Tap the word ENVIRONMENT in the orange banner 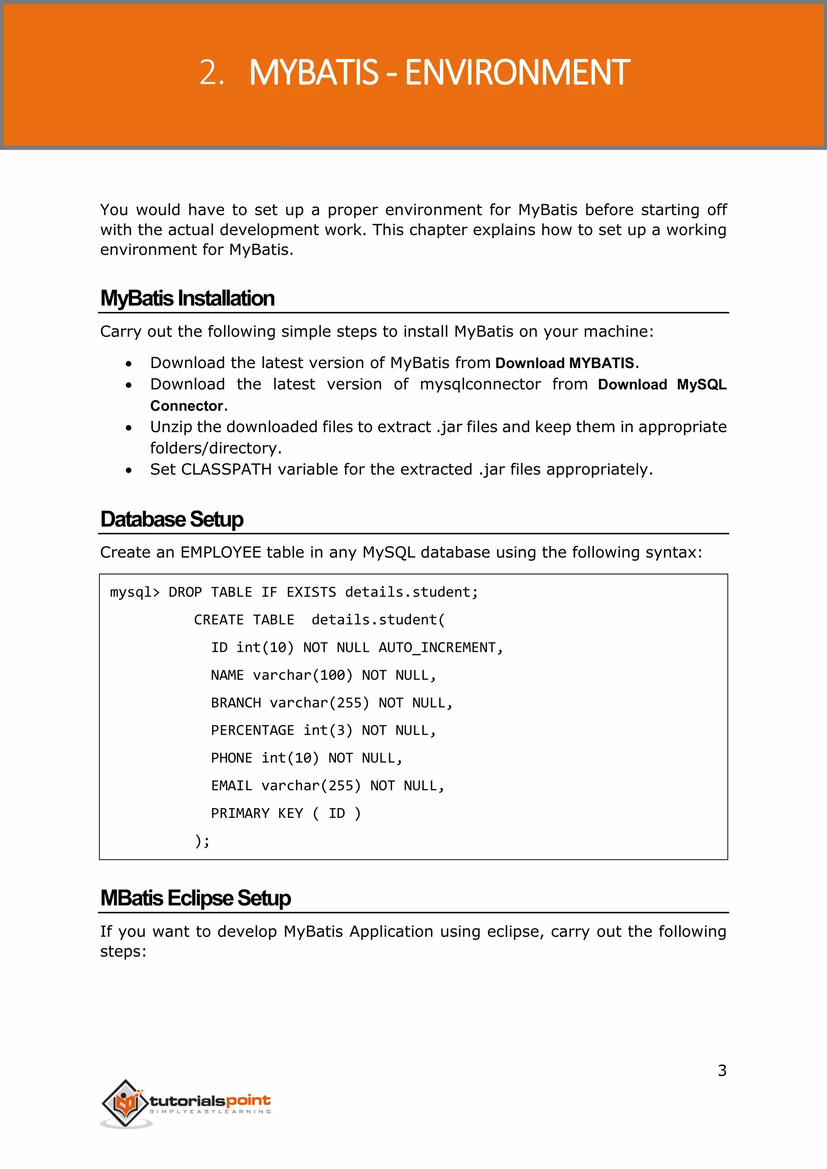(517, 73)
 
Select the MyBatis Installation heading (187, 298)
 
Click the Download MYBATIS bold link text (565, 363)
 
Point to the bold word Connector (187, 406)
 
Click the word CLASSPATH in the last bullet (226, 469)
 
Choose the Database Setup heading (172, 520)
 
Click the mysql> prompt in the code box (134, 592)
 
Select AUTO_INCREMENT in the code (437, 647)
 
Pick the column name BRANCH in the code (236, 703)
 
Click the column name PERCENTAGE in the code (252, 731)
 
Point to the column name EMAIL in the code (232, 786)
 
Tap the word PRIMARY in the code (240, 814)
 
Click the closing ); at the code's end (202, 841)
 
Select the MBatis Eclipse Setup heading (195, 898)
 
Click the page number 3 (722, 1071)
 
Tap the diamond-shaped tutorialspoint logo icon (125, 1103)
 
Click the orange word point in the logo (248, 1101)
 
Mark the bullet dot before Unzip (129, 428)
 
